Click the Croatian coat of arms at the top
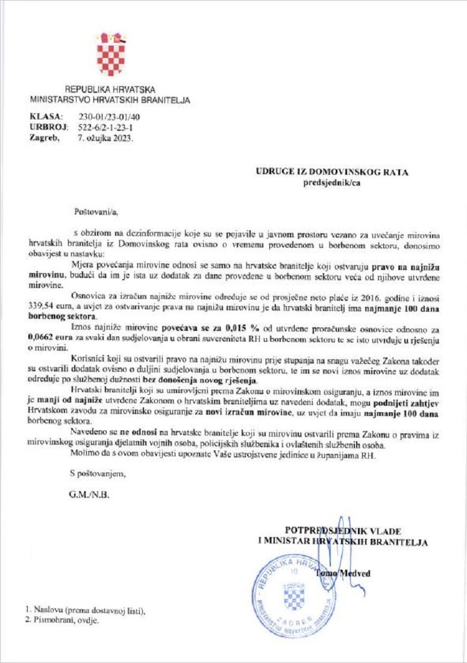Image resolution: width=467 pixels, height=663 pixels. tap(111, 55)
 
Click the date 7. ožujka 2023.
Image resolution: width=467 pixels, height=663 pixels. tap(105, 138)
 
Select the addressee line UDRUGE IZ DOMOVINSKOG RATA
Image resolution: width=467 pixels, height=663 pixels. tap(331, 172)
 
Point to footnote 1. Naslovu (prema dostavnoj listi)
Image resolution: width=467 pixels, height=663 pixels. tap(85, 610)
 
